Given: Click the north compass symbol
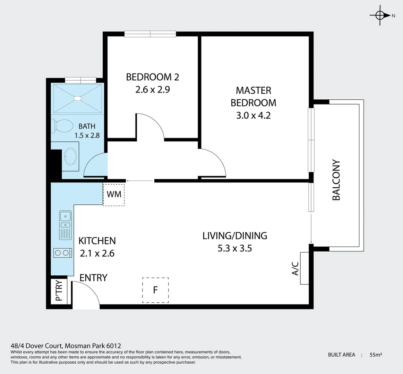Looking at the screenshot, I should [380, 15].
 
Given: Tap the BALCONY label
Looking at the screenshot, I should [336, 180].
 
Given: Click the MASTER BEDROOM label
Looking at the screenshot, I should [253, 97].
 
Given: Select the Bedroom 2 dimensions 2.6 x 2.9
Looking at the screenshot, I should [152, 90].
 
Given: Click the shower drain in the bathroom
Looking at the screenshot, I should [77, 99].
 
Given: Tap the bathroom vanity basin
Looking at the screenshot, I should [71, 157].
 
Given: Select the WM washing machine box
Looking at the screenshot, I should [114, 194].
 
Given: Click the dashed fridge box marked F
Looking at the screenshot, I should [155, 290].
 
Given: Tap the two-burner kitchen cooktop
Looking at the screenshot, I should [63, 253].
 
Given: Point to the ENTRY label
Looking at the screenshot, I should [93, 278].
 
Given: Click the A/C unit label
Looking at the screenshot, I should [295, 268].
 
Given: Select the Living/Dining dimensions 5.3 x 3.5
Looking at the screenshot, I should [235, 248].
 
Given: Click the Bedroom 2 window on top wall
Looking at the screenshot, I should [150, 34].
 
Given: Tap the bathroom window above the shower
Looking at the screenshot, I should [80, 80].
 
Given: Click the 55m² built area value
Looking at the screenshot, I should [376, 355].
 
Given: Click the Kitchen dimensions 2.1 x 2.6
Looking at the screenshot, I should [97, 253].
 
